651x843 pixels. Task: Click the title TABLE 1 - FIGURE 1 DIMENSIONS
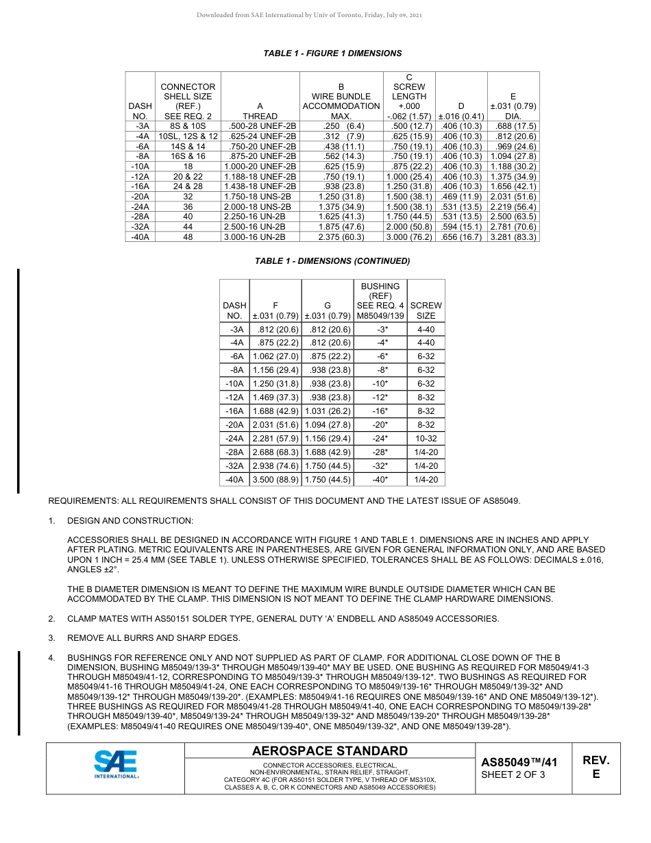pos(332,53)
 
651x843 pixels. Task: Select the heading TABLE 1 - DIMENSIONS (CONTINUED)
pos(332,261)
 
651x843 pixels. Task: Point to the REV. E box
pos(595,768)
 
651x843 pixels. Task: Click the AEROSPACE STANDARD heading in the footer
pos(330,751)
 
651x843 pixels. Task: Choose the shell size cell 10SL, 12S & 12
pos(188,136)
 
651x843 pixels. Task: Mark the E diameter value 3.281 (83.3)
pos(513,236)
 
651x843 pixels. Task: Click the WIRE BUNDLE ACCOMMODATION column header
pos(341,101)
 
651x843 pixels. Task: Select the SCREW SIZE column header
pos(426,310)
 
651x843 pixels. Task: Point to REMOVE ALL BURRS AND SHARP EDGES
pos(153,638)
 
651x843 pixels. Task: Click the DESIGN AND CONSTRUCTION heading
pos(130,521)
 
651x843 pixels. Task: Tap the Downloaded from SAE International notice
pos(309,15)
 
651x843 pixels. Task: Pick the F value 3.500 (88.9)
pos(275,480)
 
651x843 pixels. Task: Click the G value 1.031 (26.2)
pos(328,411)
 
